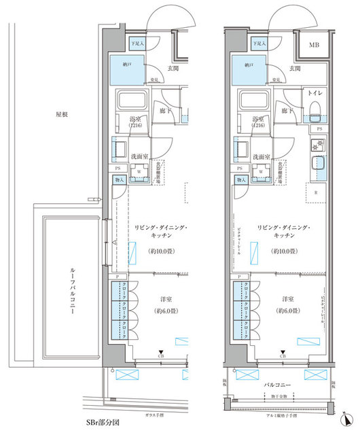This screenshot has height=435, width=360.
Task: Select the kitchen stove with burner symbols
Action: (x=317, y=145)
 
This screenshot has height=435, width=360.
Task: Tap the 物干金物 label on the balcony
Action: (x=278, y=396)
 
